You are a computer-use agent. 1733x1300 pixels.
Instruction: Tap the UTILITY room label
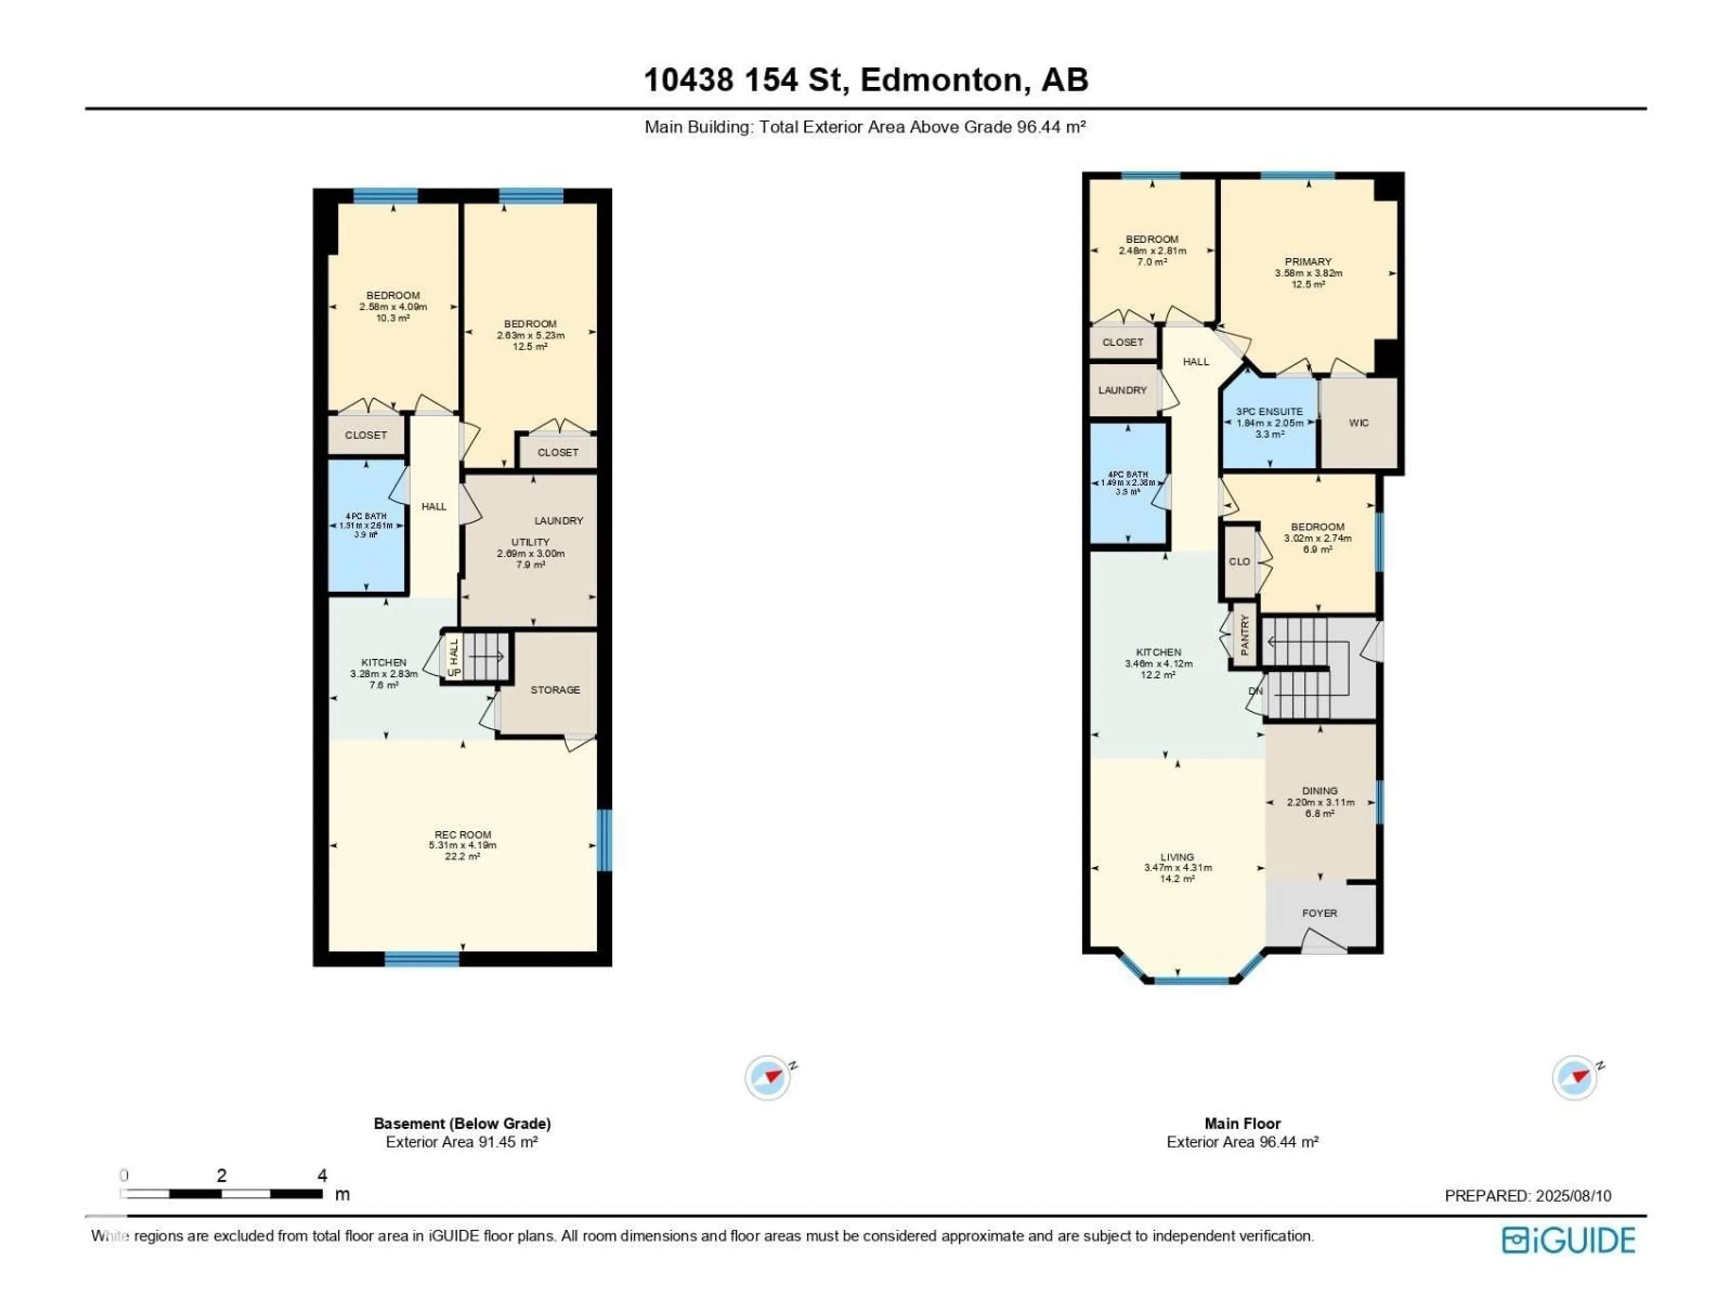530,542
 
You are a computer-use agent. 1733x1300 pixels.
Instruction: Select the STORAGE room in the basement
555,690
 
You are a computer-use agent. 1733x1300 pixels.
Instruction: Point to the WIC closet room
1358,423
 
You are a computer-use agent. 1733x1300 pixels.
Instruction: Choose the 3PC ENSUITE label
1269,411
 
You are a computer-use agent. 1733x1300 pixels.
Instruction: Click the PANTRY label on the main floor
1245,635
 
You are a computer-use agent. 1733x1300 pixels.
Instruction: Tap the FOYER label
1319,913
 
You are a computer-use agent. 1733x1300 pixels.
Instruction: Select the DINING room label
1320,791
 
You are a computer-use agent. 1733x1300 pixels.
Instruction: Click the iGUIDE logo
1568,1240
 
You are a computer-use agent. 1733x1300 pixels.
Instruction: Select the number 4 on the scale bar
322,1175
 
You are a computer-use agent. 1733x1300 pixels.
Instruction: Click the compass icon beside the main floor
1575,1077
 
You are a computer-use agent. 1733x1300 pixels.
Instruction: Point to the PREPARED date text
1528,1196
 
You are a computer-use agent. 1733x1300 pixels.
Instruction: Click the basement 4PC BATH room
366,525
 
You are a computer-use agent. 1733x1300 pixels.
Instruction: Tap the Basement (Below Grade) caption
462,1123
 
